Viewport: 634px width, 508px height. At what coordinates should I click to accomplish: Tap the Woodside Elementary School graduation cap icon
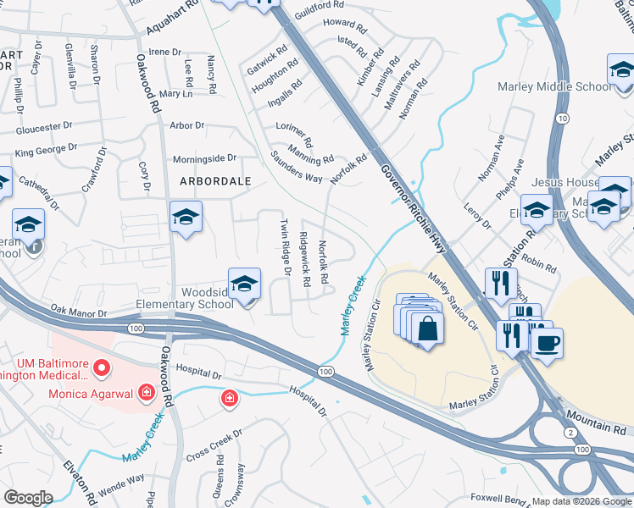point(244,284)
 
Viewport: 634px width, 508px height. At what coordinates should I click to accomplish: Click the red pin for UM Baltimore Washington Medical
point(102,367)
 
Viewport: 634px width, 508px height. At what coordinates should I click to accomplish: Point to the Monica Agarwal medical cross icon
point(147,392)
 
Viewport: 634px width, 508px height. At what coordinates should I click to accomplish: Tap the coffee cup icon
point(547,343)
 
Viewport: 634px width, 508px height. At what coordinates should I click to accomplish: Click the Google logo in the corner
point(28,498)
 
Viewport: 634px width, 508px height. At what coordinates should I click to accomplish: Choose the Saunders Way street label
point(296,167)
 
